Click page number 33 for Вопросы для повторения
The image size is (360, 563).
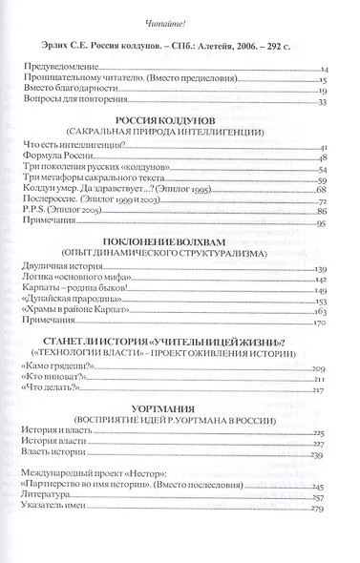323,102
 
